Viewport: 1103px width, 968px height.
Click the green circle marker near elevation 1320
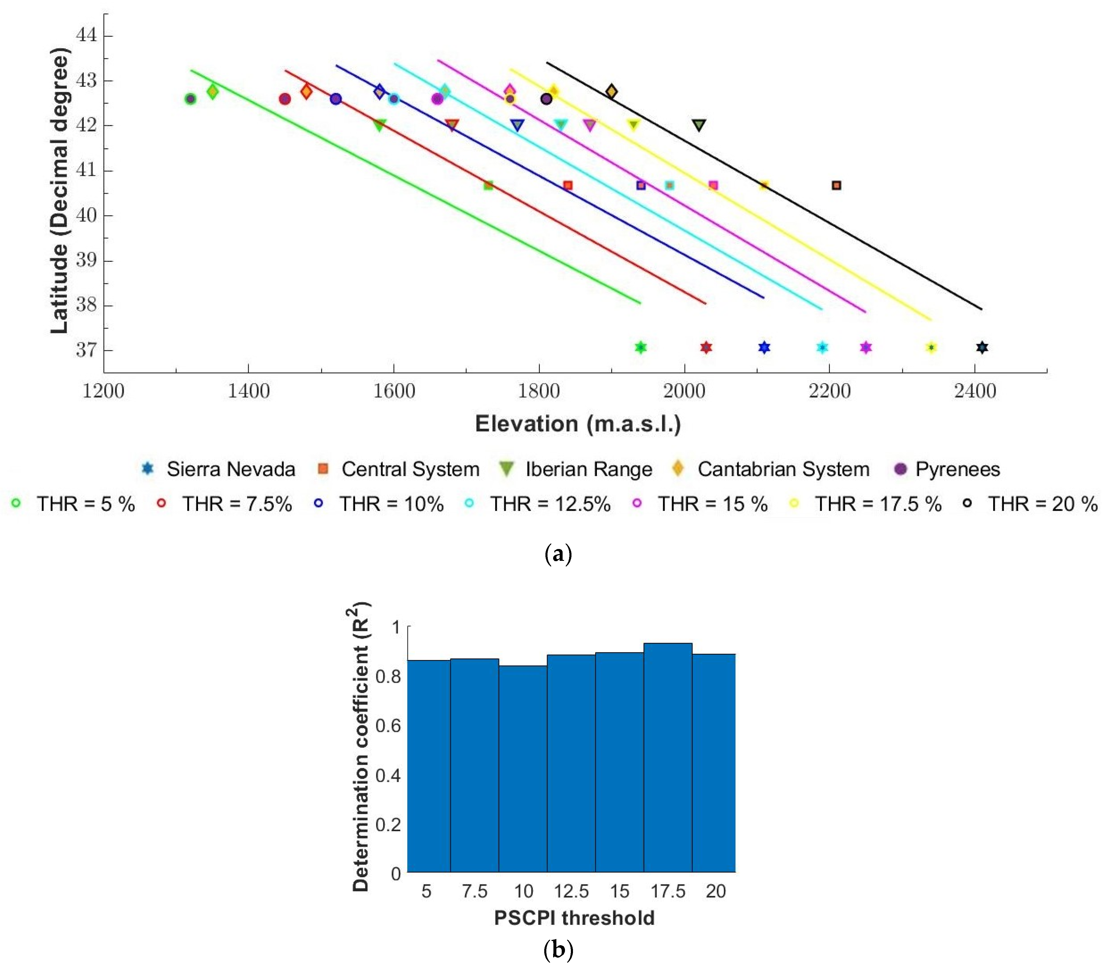coord(190,99)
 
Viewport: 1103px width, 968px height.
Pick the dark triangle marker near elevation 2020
coord(699,125)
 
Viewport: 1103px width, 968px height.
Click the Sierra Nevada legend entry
coord(218,469)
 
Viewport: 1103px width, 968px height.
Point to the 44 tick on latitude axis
coord(86,35)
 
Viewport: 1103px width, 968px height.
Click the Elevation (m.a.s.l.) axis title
coord(577,424)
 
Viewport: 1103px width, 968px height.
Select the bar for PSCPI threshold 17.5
coord(668,756)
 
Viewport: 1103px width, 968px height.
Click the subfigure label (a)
coord(558,554)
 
